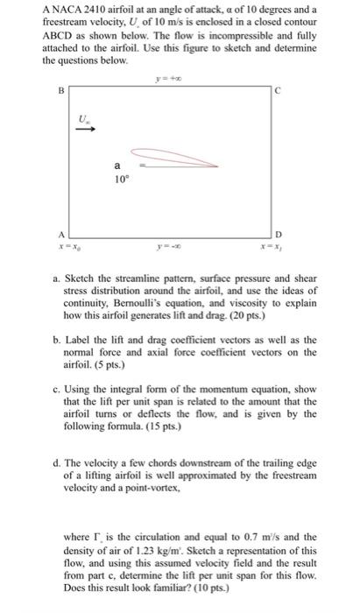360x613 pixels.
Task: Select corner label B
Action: click(60, 90)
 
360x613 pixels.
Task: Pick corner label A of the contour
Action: click(60, 235)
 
